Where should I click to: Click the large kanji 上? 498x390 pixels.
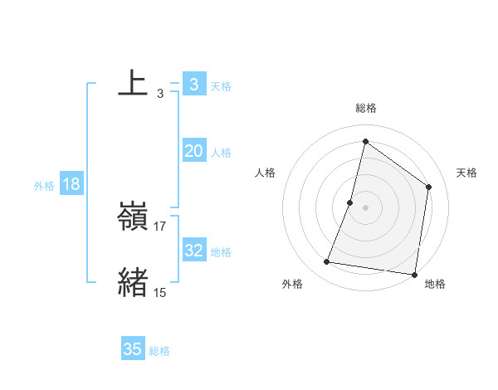click(x=133, y=84)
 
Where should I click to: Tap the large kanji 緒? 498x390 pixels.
click(x=133, y=283)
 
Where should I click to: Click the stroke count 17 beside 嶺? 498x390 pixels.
click(x=161, y=226)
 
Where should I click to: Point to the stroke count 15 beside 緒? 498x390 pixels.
click(x=160, y=292)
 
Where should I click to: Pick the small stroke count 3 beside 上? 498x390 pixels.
click(x=160, y=94)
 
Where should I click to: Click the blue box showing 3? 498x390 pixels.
click(x=193, y=85)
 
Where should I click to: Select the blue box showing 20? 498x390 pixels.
click(x=193, y=151)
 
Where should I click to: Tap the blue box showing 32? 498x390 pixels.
click(x=193, y=251)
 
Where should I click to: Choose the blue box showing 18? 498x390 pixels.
click(x=71, y=184)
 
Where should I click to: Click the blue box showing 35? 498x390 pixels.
click(x=133, y=349)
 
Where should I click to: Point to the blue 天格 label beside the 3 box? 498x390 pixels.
click(x=221, y=85)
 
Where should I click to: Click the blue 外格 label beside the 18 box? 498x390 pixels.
click(x=44, y=186)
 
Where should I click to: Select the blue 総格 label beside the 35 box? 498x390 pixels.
click(x=160, y=351)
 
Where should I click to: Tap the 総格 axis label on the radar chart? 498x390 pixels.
click(x=366, y=108)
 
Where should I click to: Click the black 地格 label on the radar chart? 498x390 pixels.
click(x=435, y=284)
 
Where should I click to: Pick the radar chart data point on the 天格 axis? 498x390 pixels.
click(x=429, y=187)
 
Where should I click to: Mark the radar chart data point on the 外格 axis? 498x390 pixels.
click(x=327, y=262)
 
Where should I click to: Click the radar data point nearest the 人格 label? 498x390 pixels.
click(x=350, y=202)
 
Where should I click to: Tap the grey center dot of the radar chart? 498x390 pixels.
click(x=366, y=207)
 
